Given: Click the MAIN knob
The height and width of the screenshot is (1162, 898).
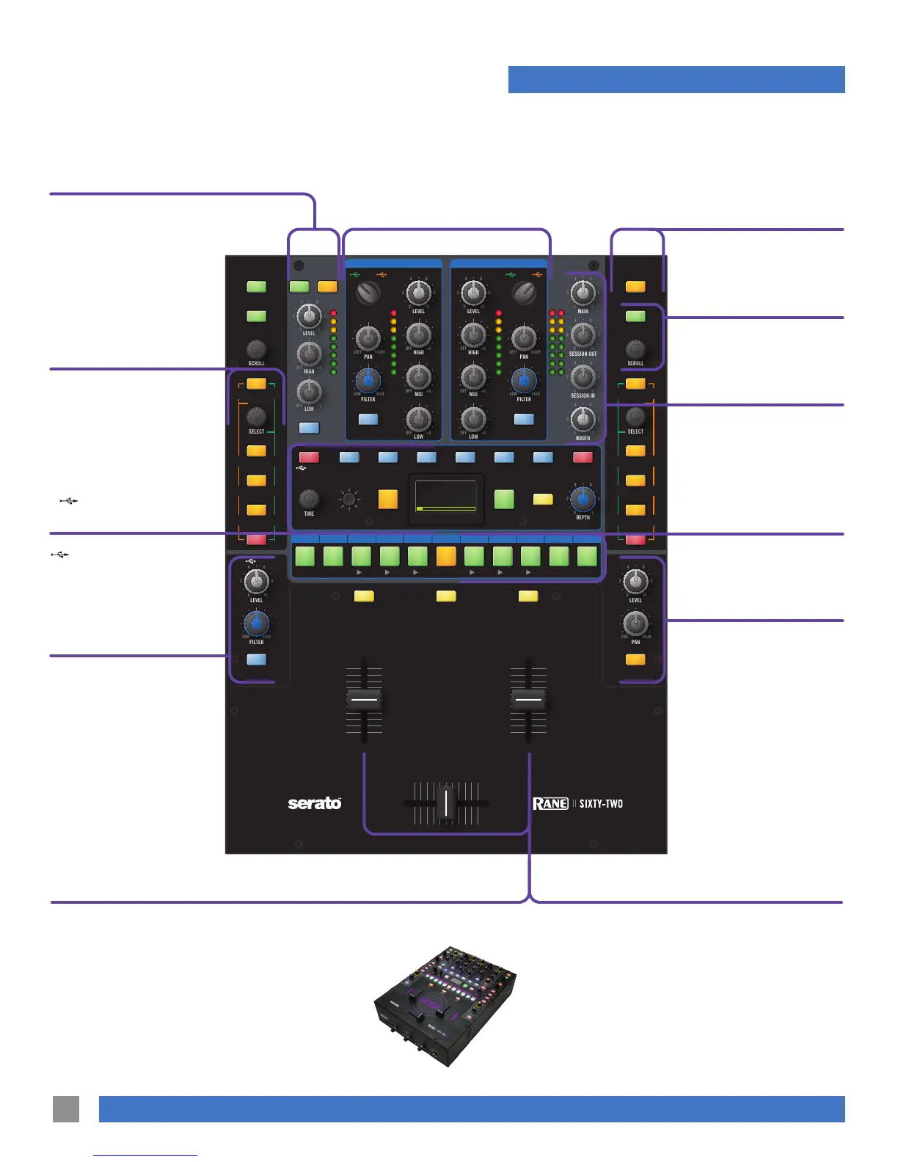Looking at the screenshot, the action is [x=583, y=293].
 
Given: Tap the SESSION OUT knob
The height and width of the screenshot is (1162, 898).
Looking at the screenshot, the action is [x=583, y=336].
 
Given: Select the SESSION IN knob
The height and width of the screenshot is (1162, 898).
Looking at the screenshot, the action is [x=583, y=378].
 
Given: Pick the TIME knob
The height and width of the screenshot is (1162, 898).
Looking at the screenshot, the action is [x=309, y=500].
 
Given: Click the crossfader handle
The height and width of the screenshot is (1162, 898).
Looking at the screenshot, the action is [x=446, y=802].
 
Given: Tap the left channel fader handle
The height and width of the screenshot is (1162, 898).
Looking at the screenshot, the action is [x=364, y=699].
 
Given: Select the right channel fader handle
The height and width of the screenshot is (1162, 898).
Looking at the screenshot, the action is [x=528, y=699].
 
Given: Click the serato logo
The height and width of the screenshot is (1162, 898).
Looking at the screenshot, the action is [x=315, y=803].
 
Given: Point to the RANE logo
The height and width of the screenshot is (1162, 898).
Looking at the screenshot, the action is [x=550, y=803].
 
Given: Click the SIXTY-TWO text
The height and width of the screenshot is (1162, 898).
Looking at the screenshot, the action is [x=601, y=803].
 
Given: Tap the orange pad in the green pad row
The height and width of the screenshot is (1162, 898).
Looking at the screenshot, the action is [x=446, y=556].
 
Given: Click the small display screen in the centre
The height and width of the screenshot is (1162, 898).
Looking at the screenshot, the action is [x=446, y=499].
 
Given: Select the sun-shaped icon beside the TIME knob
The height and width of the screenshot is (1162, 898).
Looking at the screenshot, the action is [x=349, y=500].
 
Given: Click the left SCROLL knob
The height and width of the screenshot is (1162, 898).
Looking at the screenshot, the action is [x=256, y=348].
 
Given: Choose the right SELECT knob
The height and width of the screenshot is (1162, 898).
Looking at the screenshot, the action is [x=635, y=417].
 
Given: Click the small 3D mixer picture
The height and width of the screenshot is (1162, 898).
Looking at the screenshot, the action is [x=446, y=1005].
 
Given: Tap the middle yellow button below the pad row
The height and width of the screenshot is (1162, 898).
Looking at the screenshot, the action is [x=446, y=596].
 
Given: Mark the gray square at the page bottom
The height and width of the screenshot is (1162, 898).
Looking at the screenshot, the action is [x=66, y=1108].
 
